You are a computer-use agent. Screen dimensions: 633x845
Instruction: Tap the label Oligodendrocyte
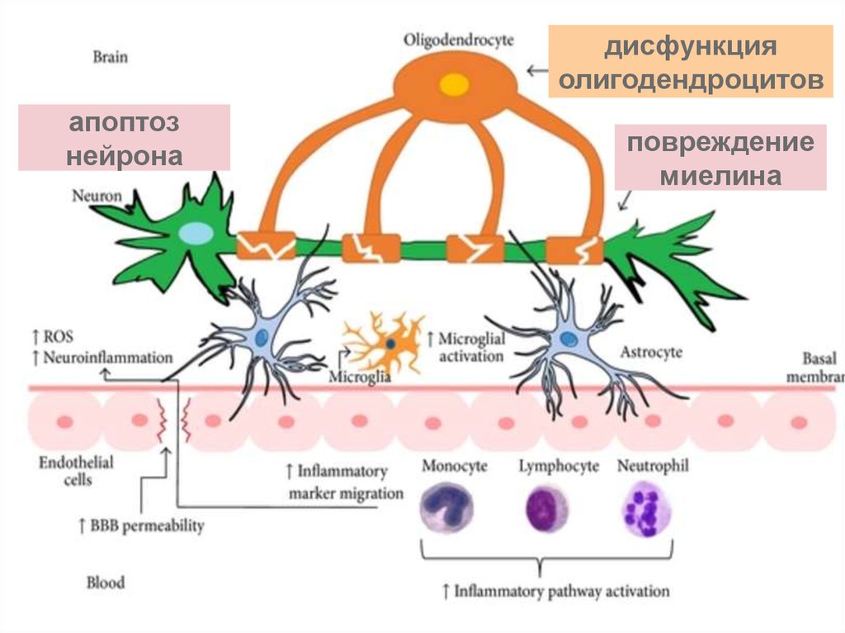(459, 39)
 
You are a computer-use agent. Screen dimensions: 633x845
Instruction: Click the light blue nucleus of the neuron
(196, 234)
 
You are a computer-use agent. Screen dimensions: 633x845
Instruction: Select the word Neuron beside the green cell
(97, 196)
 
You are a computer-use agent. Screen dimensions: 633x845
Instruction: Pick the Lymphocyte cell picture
(546, 508)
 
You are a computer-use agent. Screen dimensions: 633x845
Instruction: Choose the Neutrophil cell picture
(645, 508)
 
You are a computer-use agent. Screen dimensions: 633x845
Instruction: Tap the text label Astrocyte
(651, 352)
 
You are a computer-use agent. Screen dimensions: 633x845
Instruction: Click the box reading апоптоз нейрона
(124, 138)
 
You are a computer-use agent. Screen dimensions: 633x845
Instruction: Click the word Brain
(111, 58)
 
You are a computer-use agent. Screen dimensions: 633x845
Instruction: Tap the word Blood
(106, 583)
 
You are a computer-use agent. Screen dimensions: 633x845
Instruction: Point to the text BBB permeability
(141, 525)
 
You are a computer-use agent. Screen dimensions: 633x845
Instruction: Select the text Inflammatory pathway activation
(556, 591)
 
